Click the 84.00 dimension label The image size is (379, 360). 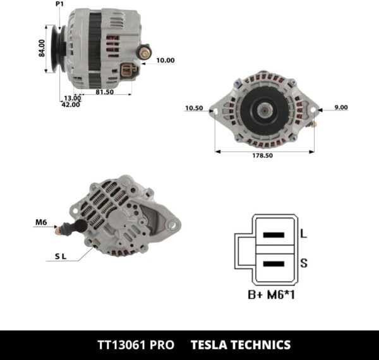[42, 49]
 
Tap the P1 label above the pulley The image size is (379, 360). [60, 4]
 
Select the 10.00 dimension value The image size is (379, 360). [165, 61]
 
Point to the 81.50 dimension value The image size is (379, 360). [104, 92]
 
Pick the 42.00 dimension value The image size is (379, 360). [70, 105]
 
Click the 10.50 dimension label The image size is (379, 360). [193, 108]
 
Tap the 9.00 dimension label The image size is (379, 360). [340, 107]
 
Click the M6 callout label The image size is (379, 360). [41, 222]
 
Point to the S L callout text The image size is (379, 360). [61, 256]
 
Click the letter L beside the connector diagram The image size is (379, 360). [303, 234]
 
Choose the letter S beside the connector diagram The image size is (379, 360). [303, 263]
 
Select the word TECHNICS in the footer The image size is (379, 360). [263, 345]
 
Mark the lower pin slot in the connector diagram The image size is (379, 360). [273, 263]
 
